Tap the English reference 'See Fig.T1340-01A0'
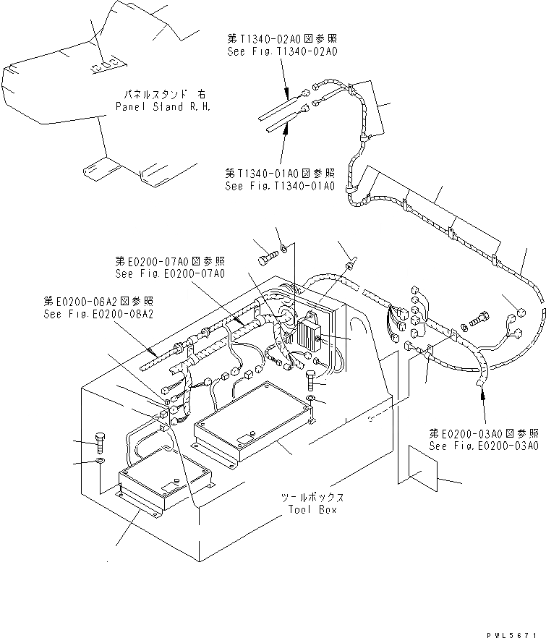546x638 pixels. (280, 186)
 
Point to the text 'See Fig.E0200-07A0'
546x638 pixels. (169, 273)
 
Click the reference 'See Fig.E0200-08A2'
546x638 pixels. (98, 314)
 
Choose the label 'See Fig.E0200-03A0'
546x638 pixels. (483, 446)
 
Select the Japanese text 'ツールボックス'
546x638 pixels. (312, 498)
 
